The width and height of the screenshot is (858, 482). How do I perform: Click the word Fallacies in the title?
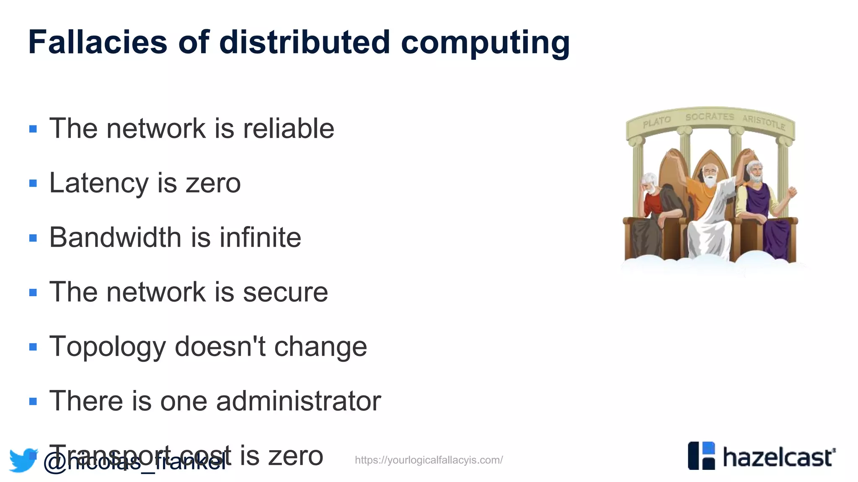point(98,42)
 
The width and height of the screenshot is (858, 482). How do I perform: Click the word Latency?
point(99,183)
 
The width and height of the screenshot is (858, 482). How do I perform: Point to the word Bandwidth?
point(116,237)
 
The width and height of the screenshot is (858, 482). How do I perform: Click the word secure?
point(285,292)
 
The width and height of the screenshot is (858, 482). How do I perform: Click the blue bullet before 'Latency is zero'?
point(33,183)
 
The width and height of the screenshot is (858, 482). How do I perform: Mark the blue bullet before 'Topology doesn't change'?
point(33,347)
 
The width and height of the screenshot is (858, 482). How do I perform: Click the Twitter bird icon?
point(23,460)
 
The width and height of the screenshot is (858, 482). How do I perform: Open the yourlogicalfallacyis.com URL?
point(429,460)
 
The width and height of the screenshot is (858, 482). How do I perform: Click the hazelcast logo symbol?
point(701,456)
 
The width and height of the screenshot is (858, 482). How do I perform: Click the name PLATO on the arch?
point(657,121)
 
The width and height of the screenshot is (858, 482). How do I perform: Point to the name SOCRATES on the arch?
point(710,116)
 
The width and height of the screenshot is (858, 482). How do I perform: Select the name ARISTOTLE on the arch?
point(763,121)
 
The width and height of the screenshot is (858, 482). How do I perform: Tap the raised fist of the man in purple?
point(791,192)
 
